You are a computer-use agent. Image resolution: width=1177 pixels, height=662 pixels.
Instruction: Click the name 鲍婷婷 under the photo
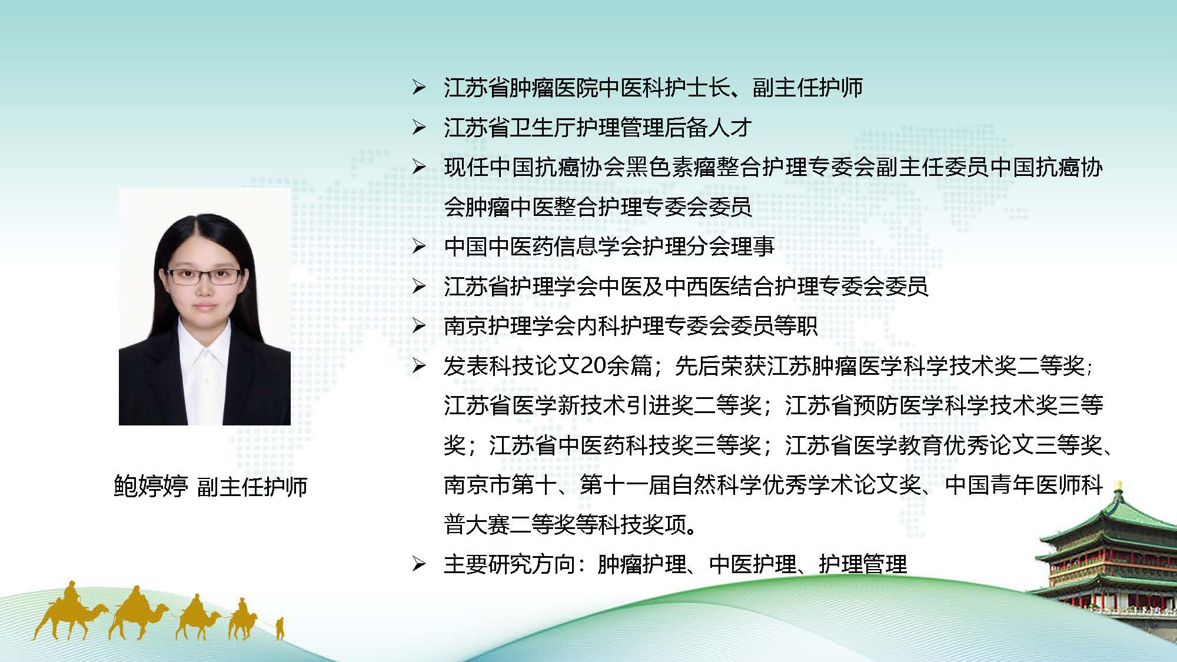(151, 487)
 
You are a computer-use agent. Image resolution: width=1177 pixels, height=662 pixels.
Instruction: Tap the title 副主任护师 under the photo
(252, 487)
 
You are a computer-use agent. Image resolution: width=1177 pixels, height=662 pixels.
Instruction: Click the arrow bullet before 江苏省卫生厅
(418, 128)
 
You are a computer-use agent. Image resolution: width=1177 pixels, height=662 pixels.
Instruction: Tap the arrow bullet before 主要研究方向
(418, 564)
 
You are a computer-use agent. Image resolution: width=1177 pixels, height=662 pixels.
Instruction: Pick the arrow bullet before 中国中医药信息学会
(418, 246)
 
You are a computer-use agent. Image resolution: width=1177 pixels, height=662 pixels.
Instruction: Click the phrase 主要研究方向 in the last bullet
(510, 564)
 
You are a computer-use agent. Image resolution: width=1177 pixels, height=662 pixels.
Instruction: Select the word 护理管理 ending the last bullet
(863, 564)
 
